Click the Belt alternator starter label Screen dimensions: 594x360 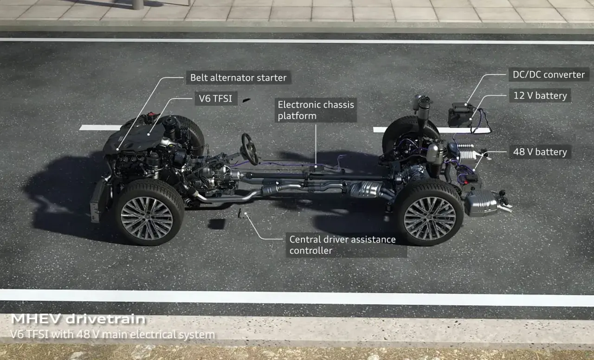[x=239, y=77]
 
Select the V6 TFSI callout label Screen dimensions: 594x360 [x=216, y=99]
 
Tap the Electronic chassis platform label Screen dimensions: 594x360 [x=316, y=110]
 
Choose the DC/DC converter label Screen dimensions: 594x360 [x=549, y=75]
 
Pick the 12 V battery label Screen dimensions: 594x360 [x=540, y=96]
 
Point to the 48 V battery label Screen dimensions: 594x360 [x=540, y=152]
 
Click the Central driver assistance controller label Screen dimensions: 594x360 [x=346, y=245]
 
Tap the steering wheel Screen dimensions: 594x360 [x=250, y=149]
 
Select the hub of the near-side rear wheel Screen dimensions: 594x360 [x=430, y=219]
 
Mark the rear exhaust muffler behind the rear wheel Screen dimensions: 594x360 [x=481, y=203]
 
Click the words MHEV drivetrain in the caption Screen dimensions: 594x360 [x=78, y=319]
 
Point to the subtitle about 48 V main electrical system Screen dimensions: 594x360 [x=112, y=334]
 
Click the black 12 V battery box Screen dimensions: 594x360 [x=460, y=116]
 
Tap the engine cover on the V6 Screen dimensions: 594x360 [x=135, y=139]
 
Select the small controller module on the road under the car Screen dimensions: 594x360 [x=245, y=213]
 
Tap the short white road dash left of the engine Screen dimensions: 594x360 [x=100, y=128]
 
